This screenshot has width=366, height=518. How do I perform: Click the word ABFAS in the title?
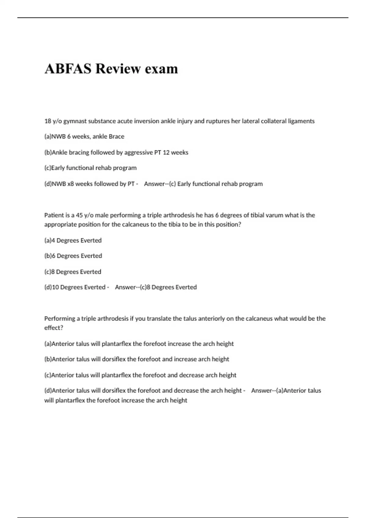68,69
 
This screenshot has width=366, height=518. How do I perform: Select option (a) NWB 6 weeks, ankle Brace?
84,137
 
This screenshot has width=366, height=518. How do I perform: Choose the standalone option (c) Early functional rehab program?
90,168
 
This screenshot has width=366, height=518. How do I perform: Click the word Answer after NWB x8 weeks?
155,184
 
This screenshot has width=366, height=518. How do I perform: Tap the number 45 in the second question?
79,215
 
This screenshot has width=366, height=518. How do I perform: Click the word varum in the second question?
274,215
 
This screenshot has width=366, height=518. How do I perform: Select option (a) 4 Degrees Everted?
73,240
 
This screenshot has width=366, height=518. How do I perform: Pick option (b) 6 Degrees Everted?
73,256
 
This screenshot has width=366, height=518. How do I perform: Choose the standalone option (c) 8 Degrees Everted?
73,272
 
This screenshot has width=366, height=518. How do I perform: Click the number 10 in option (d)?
56,287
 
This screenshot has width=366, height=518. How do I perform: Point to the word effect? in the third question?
54,328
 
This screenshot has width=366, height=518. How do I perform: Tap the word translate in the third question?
159,318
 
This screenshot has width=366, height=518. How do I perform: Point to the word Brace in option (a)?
117,137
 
